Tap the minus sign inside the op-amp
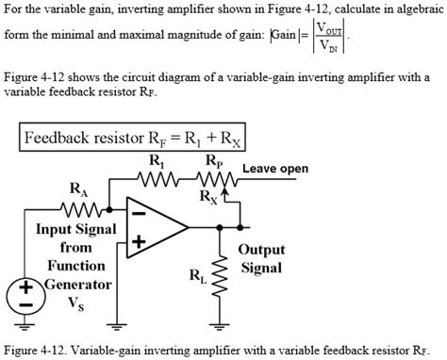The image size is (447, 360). pos(138,213)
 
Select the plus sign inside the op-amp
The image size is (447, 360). pos(139,242)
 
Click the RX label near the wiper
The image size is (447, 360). pos(207,197)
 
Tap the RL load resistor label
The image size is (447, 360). pos(196,276)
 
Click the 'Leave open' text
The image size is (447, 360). pos(275,170)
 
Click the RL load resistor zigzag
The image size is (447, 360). pos(223,274)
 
